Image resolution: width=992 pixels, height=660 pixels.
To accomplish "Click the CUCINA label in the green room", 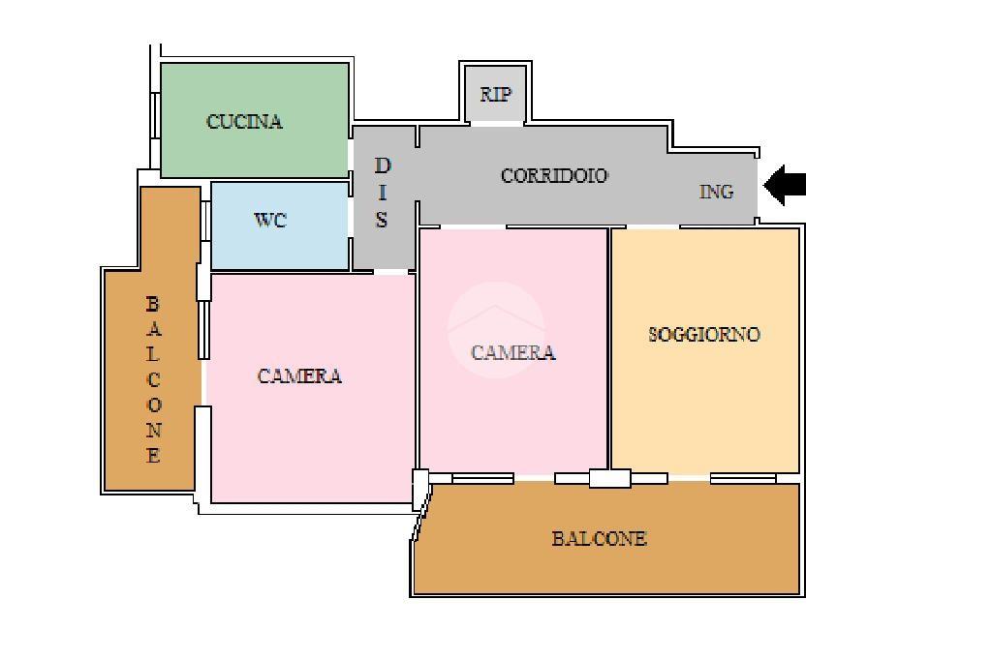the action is pos(244,121).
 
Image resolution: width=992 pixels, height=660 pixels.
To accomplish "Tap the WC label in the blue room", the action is pos(270,220).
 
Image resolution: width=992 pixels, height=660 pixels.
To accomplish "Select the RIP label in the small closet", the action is pos(495,94).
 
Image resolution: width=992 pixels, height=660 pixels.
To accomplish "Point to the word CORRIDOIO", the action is pos(554,175).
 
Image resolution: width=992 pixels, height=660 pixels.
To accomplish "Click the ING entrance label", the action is pos(716,192).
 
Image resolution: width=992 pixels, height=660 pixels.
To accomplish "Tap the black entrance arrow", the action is pos(785,185).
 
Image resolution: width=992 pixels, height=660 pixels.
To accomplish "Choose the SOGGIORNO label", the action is pos(704,334).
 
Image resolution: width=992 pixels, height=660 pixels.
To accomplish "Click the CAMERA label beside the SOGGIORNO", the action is pos(513,352).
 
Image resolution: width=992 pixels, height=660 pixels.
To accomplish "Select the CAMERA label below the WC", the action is pos(299,376).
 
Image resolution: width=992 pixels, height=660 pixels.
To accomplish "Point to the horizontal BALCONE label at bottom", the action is pos(599,539).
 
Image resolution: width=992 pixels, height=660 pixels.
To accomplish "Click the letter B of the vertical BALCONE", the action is pos(152,304).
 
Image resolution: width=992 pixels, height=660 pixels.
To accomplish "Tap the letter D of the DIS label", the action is pos(383,165).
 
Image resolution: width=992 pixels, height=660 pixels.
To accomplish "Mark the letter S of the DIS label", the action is pos(381,219).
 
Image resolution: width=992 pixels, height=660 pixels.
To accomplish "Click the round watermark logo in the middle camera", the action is pos(496,330).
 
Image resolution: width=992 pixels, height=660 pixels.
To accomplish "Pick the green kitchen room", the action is pos(255,119).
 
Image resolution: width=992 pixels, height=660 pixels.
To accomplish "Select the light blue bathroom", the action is pos(280,225).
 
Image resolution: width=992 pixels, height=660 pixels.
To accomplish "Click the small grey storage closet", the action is pos(495,94).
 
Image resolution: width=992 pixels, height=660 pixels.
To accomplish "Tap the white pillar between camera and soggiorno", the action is pos(610,478).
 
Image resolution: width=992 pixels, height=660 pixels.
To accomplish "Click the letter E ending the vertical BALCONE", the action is pos(152,455).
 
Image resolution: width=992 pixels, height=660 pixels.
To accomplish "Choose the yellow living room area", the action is pos(705,350).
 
